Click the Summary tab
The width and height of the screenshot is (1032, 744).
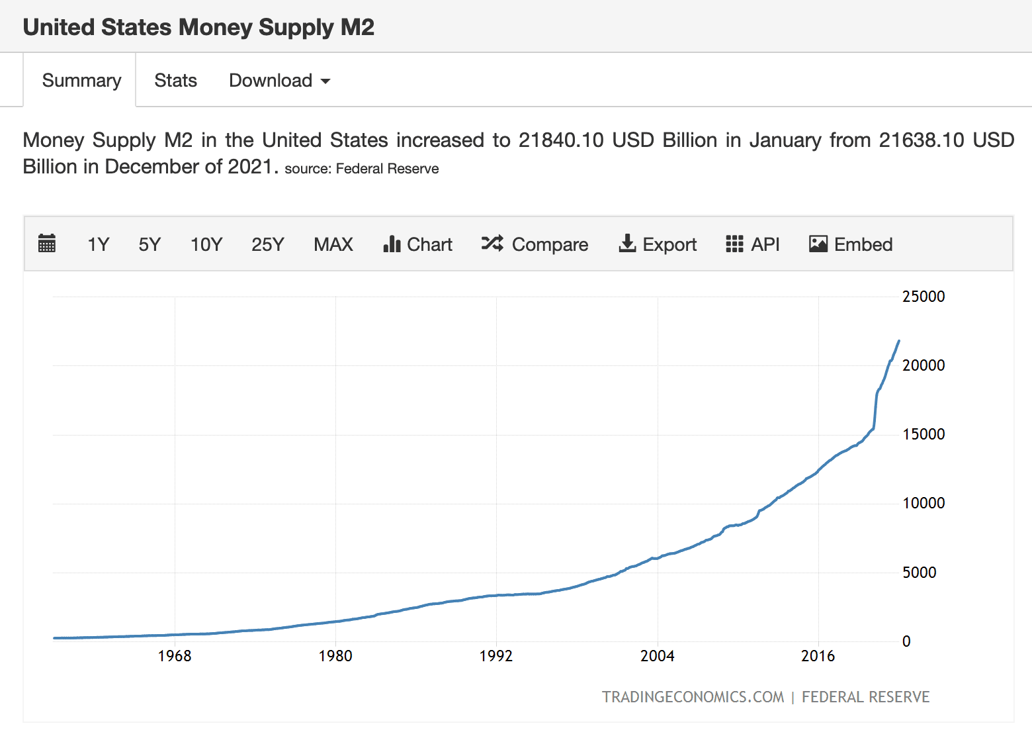coord(81,80)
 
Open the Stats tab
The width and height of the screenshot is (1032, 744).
coord(175,80)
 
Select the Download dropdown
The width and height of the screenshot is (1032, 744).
coord(280,80)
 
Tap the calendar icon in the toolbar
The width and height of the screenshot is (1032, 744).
coord(46,244)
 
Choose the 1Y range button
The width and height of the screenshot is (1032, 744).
coord(98,244)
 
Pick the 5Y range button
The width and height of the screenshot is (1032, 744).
coord(150,244)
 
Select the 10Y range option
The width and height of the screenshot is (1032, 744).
coord(206,244)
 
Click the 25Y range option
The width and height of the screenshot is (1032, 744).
coord(268,244)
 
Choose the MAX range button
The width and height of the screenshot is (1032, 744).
coord(333,244)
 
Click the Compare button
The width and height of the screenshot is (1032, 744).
coord(535,244)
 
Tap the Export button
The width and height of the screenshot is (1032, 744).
coord(658,244)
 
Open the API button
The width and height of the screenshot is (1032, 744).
coord(753,244)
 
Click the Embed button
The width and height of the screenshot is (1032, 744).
coord(851,244)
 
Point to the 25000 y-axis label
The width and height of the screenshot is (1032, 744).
coord(924,297)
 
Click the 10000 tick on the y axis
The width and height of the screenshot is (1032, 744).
coord(924,503)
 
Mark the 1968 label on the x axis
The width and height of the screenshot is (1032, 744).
coord(174,656)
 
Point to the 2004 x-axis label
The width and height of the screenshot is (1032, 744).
coord(657,656)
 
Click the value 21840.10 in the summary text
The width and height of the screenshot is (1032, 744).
coord(561,140)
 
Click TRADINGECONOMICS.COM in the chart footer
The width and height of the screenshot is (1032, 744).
coord(693,697)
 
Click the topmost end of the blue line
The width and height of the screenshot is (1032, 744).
coord(899,341)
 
